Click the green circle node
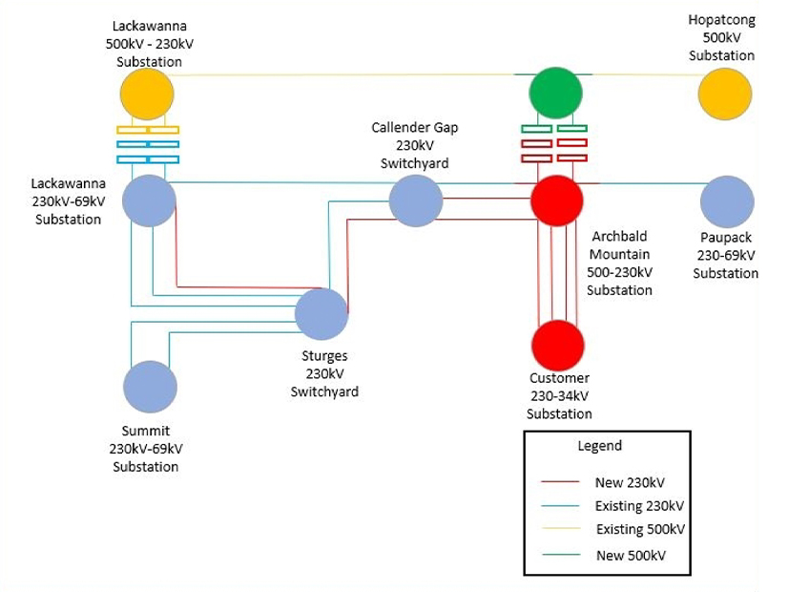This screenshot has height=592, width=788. click(556, 94)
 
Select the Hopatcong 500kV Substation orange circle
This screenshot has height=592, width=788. click(725, 95)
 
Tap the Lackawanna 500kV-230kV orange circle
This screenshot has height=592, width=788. click(147, 95)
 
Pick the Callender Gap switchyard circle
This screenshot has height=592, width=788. click(416, 201)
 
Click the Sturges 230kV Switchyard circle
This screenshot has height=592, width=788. click(321, 313)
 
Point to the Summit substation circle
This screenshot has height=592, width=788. click(150, 387)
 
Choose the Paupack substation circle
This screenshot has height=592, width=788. click(727, 201)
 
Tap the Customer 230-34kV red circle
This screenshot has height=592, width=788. click(557, 346)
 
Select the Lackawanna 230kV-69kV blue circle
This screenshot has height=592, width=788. click(149, 201)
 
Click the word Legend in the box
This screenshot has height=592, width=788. click(599, 446)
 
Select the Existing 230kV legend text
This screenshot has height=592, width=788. click(639, 506)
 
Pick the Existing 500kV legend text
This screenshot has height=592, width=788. click(640, 530)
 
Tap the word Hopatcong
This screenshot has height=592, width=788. click(721, 20)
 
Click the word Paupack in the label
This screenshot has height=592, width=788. click(725, 238)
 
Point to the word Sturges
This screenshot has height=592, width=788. click(324, 356)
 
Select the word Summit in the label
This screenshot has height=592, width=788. click(146, 432)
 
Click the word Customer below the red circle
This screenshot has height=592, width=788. click(559, 378)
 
